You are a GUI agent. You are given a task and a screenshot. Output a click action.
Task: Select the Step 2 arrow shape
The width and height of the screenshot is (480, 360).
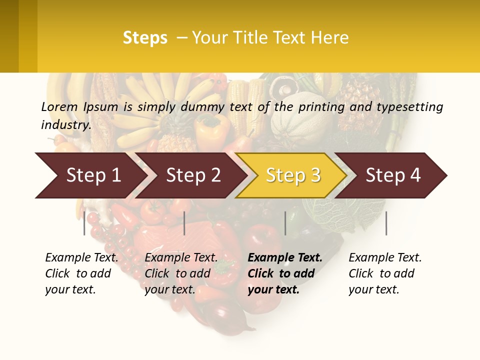pos(192,175)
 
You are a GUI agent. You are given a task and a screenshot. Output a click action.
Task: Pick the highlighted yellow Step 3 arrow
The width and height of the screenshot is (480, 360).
pos(292,175)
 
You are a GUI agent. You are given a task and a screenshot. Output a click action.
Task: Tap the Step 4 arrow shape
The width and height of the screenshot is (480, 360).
pos(392,175)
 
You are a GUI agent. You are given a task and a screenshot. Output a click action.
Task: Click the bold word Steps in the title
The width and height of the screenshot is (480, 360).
pos(145,38)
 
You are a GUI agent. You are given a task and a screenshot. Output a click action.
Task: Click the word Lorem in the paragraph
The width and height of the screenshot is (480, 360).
pos(59,106)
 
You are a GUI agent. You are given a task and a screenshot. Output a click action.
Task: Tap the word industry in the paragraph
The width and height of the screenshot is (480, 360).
pos(66,125)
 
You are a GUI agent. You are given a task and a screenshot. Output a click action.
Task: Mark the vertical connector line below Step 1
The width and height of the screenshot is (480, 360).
pos(84,223)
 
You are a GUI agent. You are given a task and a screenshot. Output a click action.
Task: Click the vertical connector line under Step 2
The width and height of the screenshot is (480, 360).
pos(184,223)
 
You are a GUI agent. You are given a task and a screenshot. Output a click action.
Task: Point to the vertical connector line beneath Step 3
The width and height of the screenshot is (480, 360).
pos(285,223)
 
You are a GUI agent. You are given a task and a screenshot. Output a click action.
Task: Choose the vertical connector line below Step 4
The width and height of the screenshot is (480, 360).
pos(386,223)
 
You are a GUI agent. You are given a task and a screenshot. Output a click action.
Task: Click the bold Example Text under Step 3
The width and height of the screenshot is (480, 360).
pos(285,257)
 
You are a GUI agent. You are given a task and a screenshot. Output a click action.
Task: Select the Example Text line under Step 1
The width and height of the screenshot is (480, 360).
pos(81,257)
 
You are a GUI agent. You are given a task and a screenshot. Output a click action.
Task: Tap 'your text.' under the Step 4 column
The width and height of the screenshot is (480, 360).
pos(373,289)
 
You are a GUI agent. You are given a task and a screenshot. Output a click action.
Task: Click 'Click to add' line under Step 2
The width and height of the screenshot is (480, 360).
pos(177,273)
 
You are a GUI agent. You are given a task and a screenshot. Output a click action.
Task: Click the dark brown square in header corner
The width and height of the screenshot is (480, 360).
pos(9,36)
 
